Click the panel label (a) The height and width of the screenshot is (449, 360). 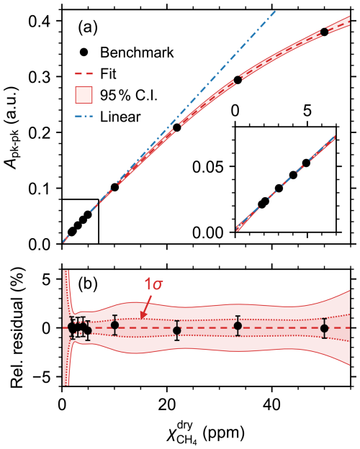click(x=88, y=28)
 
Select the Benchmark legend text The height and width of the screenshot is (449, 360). click(x=137, y=53)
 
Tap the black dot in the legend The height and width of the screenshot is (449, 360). click(x=84, y=53)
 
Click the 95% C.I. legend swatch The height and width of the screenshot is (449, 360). click(x=84, y=95)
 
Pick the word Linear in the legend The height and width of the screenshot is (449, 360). click(x=120, y=117)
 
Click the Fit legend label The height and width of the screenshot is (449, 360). click(x=108, y=74)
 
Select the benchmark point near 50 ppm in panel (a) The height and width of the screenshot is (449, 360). click(x=324, y=32)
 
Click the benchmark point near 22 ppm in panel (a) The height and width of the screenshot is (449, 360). click(x=177, y=127)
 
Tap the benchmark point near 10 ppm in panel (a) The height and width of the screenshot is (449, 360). click(x=114, y=187)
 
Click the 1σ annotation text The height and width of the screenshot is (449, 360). click(x=153, y=285)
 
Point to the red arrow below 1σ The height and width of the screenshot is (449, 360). click(x=147, y=307)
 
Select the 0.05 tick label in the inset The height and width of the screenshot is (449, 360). click(x=208, y=167)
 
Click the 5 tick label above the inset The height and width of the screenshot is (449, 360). click(x=307, y=111)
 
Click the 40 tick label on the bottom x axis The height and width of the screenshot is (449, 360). click(x=271, y=405)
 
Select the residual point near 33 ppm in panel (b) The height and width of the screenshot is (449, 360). click(x=238, y=326)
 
